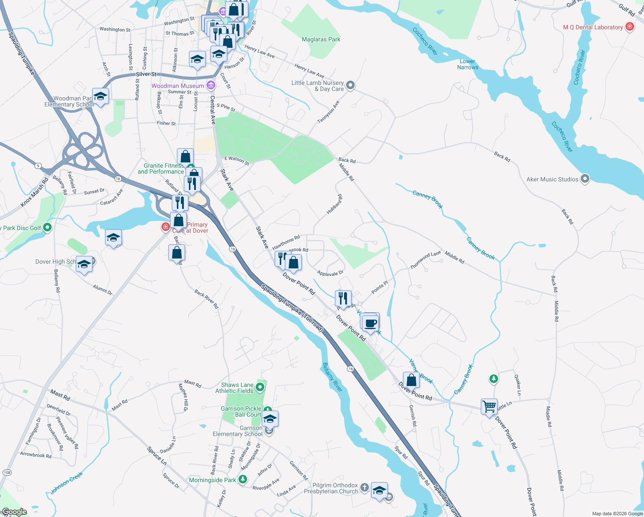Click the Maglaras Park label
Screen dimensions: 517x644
pyautogui.click(x=321, y=39)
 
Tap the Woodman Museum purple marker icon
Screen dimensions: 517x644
pyautogui.click(x=211, y=85)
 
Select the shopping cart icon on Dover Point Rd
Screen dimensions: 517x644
pyautogui.click(x=489, y=406)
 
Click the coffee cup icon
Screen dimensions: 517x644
pyautogui.click(x=370, y=323)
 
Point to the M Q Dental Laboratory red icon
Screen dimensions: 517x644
pyautogui.click(x=630, y=27)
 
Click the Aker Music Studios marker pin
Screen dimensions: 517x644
pyautogui.click(x=585, y=178)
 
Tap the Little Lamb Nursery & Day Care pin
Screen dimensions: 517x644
pyautogui.click(x=350, y=85)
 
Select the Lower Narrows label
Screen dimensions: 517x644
pyautogui.click(x=468, y=64)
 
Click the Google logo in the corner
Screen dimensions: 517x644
pyautogui.click(x=15, y=512)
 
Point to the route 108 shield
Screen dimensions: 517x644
pyautogui.click(x=7, y=473)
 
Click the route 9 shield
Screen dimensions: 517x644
pyautogui.click(x=38, y=166)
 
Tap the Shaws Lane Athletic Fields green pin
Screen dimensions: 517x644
pyautogui.click(x=260, y=387)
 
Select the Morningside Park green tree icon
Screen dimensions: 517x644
pyautogui.click(x=243, y=479)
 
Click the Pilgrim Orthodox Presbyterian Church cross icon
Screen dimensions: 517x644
pyautogui.click(x=365, y=488)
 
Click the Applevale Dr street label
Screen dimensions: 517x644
pyautogui.click(x=330, y=273)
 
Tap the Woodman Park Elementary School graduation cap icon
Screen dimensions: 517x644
pyautogui.click(x=100, y=96)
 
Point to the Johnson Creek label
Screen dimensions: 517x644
pyautogui.click(x=66, y=483)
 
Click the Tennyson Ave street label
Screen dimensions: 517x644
pyautogui.click(x=328, y=112)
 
